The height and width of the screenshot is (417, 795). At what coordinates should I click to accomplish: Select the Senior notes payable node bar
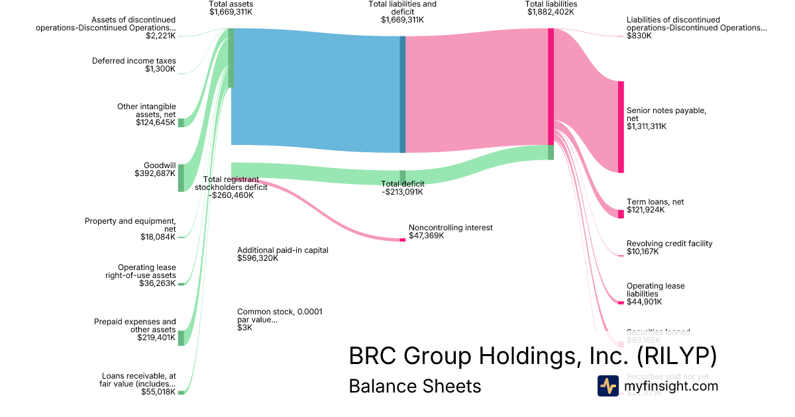[621, 126]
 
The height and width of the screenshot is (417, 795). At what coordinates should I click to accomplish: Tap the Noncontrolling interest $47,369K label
[450, 231]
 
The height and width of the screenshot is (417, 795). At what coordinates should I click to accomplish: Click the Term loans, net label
[655, 206]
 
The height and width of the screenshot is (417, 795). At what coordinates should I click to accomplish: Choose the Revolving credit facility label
[669, 248]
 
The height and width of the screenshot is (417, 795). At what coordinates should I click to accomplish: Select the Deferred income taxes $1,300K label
[134, 65]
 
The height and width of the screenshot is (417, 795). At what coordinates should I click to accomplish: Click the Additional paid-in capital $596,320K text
[283, 254]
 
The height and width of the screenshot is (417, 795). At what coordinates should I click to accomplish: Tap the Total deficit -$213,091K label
[402, 188]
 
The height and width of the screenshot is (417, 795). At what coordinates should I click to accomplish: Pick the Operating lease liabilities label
[655, 294]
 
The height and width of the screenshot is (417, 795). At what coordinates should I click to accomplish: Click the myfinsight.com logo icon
[608, 386]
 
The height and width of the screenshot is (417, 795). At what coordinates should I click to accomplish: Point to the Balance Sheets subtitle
[415, 386]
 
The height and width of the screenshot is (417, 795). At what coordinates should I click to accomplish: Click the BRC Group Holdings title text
[533, 356]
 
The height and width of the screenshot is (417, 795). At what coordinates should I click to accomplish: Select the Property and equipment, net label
[130, 229]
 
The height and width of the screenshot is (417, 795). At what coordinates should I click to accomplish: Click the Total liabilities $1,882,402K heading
[552, 8]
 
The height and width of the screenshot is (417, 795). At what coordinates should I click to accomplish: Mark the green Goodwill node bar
[181, 178]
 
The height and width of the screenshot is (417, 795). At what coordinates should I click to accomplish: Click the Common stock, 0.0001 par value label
[280, 319]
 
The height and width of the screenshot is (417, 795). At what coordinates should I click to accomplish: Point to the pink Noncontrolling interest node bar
[402, 240]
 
